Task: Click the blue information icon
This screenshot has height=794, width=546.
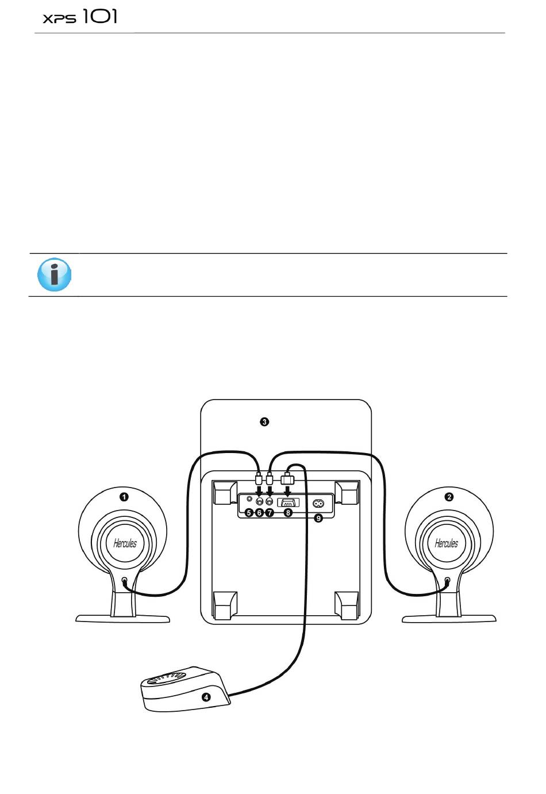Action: (x=54, y=274)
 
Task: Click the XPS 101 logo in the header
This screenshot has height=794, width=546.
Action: (x=80, y=17)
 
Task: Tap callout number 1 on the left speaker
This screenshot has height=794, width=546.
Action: (x=124, y=497)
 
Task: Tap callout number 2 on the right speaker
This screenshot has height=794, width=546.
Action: (x=449, y=497)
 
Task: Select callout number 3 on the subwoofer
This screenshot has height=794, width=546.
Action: (x=264, y=422)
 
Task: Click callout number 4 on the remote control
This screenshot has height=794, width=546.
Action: (x=206, y=697)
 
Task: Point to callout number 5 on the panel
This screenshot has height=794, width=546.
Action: (x=249, y=512)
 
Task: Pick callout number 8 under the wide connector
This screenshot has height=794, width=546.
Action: (x=288, y=512)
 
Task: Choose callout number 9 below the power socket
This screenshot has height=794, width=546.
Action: (x=318, y=518)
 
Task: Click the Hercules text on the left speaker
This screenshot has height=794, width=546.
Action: (x=125, y=543)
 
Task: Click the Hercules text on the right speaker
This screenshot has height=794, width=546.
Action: (x=446, y=543)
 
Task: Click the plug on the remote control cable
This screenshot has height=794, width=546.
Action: (x=287, y=478)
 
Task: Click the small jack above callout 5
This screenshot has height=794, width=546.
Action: (x=249, y=499)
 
